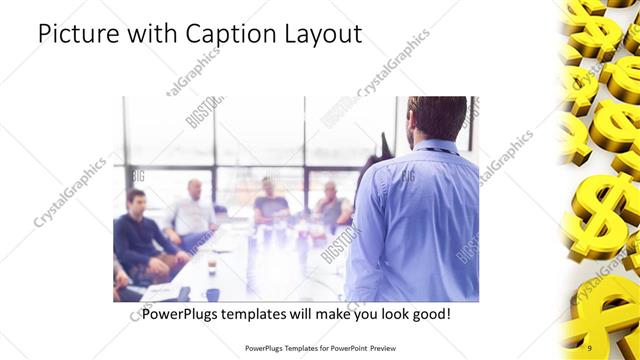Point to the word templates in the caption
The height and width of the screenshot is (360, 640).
(263, 314)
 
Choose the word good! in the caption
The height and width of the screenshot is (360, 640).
(428, 314)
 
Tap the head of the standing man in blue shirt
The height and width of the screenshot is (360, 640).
(437, 118)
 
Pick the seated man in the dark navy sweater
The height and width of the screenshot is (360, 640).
(141, 235)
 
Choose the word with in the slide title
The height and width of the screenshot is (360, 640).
(150, 34)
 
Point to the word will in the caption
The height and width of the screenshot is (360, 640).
(312, 314)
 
